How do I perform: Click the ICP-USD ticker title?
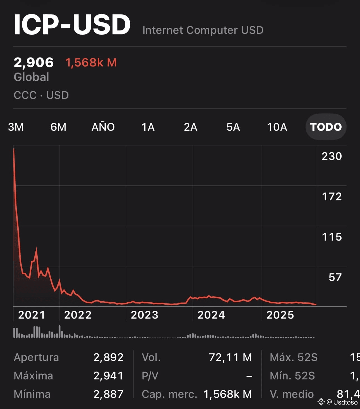coord(72,25)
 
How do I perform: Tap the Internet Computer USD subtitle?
coord(203,30)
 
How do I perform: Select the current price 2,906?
coord(33,63)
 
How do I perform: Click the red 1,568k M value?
coord(91,63)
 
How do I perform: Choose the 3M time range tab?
coord(16,127)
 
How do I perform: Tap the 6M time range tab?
coord(58,127)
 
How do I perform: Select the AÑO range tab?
coord(103,127)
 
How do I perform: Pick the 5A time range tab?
coord(233,127)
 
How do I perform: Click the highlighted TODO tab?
coord(326,127)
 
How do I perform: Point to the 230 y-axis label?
coord(332,156)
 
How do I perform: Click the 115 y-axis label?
coord(332,237)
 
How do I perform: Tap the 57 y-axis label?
coord(335,277)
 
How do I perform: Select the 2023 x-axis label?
coord(145,315)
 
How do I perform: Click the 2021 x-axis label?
coord(32,315)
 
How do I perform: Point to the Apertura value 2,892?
coord(108,357)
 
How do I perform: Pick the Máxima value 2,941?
coord(108,376)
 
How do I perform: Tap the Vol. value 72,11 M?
coord(230,357)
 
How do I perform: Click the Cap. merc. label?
coord(169,394)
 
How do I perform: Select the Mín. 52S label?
coord(292,376)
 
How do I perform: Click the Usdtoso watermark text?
coord(345,402)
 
